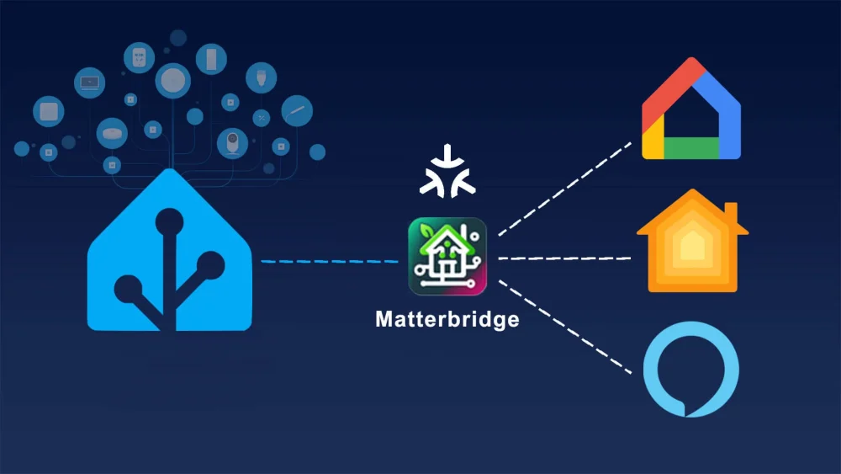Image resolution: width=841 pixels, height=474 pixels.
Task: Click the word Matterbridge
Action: tap(447, 319)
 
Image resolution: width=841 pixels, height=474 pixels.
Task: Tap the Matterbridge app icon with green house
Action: tap(447, 256)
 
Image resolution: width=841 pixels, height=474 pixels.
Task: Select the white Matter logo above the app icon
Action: tap(447, 171)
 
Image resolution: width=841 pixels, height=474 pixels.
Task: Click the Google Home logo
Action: tap(691, 108)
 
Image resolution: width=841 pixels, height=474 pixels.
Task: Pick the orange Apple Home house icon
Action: tap(692, 241)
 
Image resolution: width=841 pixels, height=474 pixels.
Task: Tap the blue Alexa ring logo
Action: tap(691, 370)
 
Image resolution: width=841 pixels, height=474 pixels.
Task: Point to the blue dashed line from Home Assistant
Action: tap(330, 262)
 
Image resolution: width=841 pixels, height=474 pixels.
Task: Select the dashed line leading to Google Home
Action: tap(565, 189)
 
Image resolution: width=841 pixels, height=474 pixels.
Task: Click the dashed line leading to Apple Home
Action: tap(564, 258)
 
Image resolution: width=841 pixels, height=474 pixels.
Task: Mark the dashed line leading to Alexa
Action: tap(565, 327)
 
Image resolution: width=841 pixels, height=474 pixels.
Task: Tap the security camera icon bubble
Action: tap(232, 143)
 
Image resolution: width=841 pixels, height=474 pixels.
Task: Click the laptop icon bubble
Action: tap(90, 83)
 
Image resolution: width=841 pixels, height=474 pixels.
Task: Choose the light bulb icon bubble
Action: tap(262, 77)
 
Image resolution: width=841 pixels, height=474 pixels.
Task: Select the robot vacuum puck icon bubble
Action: tap(112, 133)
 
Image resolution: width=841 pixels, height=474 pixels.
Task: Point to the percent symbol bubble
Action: tap(262, 118)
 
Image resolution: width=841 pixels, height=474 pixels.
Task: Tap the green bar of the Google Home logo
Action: tap(691, 148)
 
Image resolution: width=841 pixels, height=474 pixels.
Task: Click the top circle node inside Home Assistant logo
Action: tap(170, 221)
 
